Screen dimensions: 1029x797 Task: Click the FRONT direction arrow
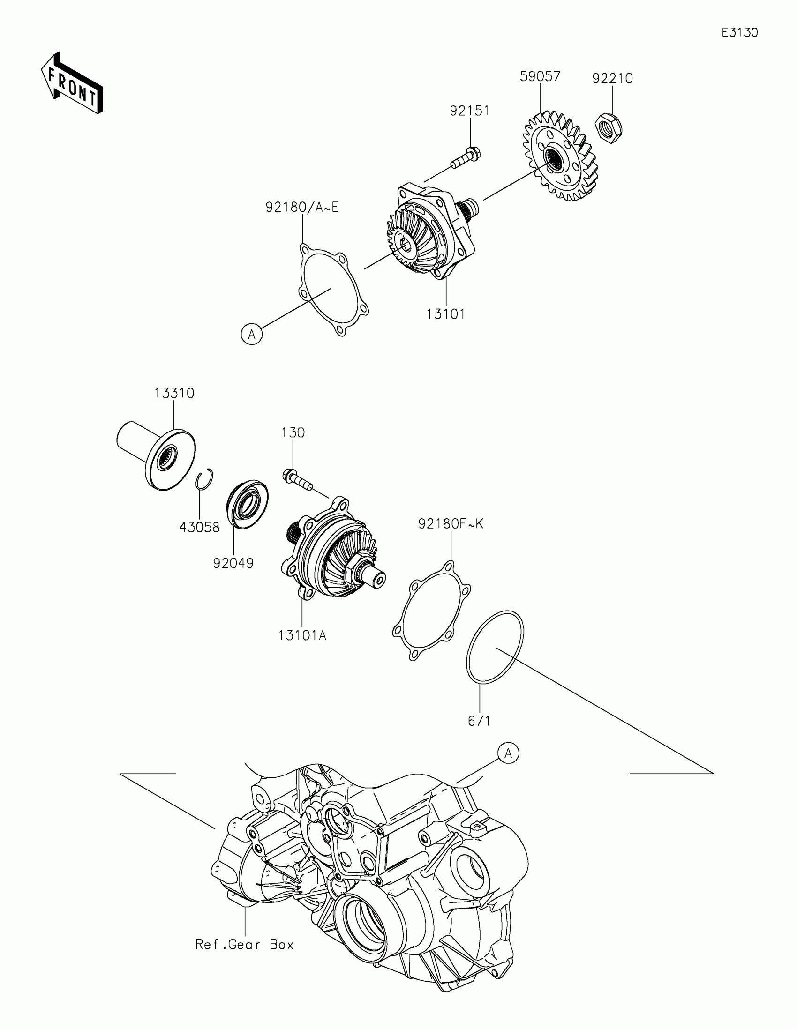tap(72, 83)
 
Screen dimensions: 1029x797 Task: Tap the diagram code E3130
tap(739, 32)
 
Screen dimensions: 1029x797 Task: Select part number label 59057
tap(540, 76)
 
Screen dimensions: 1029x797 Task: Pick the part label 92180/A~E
tap(302, 207)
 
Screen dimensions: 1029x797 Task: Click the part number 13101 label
tap(446, 314)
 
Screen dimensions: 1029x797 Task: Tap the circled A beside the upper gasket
tap(252, 334)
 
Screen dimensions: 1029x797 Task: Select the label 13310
tap(174, 393)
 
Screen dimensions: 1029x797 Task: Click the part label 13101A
tap(302, 635)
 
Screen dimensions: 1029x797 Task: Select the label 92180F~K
tap(451, 524)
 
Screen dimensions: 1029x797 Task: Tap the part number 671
tap(479, 721)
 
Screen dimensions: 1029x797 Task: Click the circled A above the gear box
tap(508, 753)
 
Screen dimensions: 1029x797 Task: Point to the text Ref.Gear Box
tap(245, 945)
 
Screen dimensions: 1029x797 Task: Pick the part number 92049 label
tap(233, 563)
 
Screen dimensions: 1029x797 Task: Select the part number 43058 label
tap(199, 527)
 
